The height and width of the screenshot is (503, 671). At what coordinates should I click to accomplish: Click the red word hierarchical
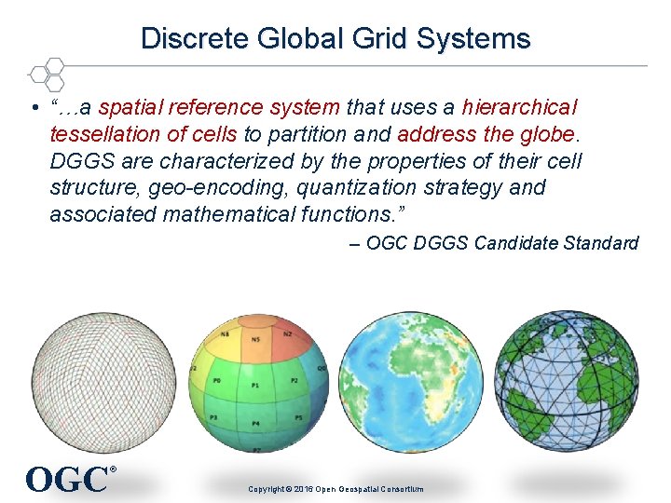520,107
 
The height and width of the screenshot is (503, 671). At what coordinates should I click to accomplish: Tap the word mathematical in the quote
229,214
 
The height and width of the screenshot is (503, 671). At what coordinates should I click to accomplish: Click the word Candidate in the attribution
513,243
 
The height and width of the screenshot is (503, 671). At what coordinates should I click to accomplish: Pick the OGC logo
68,479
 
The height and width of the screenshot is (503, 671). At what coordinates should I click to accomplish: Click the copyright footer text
335,489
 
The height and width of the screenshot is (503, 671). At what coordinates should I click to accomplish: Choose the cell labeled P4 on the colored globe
257,423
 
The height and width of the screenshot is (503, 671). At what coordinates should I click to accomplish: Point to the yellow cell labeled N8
226,336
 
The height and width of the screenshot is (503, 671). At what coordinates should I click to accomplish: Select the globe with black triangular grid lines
567,380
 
